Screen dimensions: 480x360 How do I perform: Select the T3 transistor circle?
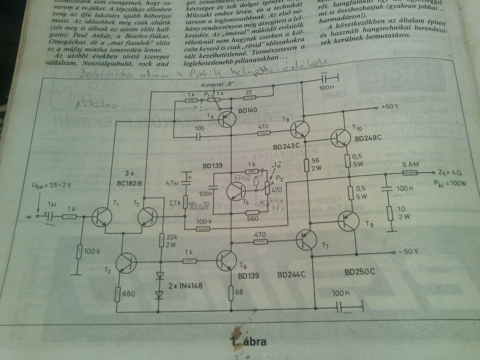[x=125, y=262]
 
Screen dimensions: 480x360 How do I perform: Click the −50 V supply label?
[x=408, y=251]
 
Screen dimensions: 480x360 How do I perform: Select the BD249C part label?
[x=368, y=138]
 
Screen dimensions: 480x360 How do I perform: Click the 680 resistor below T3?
[x=119, y=295]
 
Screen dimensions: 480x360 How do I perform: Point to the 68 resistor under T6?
[x=231, y=292]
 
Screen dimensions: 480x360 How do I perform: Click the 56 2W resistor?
[x=306, y=164]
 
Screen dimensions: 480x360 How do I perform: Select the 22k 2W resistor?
[x=162, y=240]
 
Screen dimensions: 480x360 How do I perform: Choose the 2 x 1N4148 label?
[x=185, y=286]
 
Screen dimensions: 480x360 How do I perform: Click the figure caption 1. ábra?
[x=249, y=342]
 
